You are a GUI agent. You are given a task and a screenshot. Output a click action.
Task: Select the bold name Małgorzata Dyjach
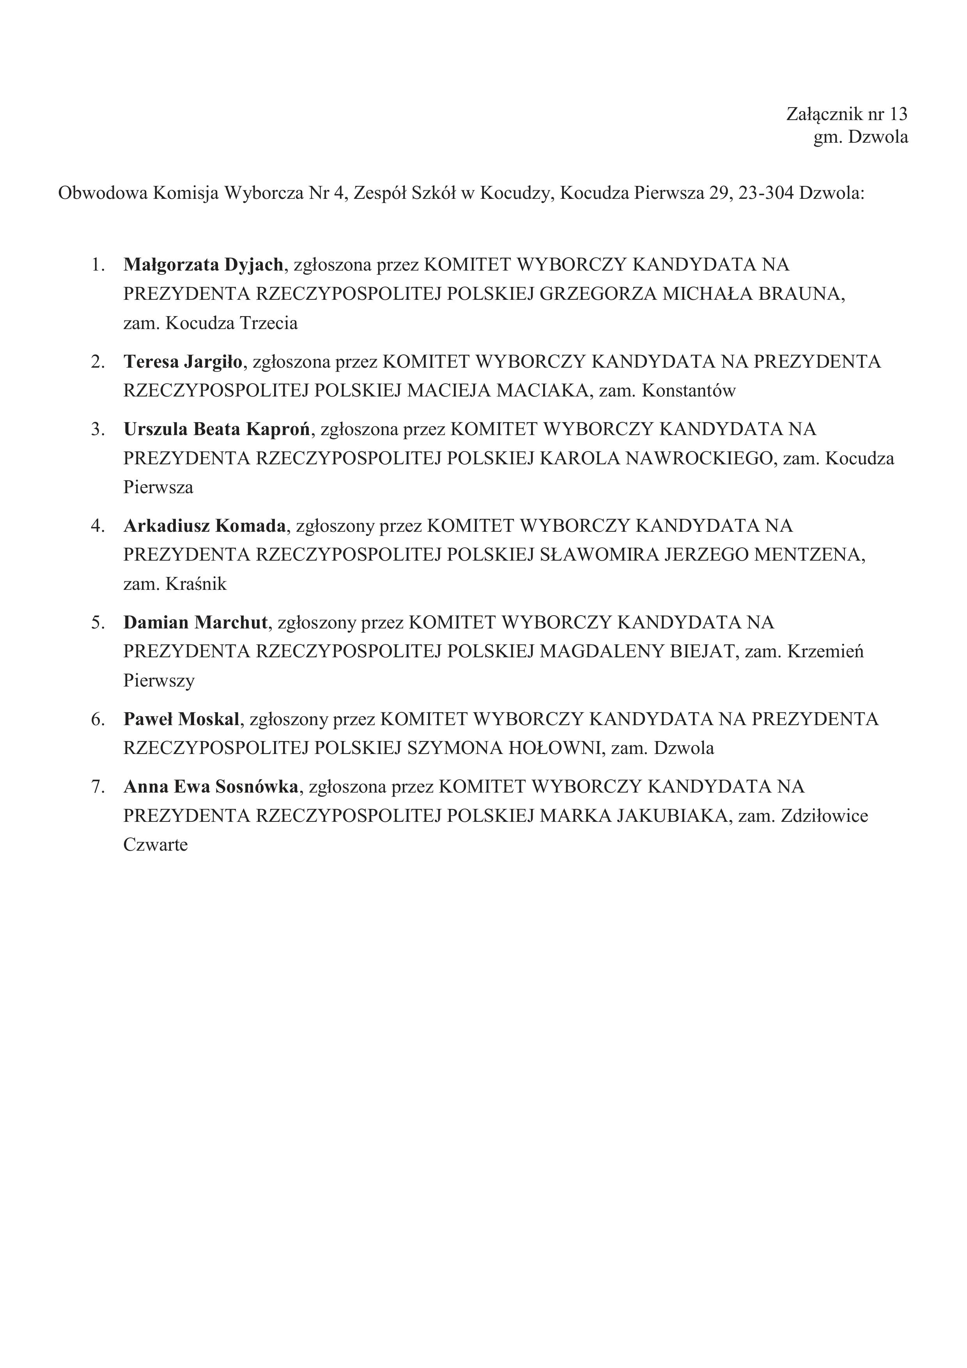pyautogui.click(x=203, y=265)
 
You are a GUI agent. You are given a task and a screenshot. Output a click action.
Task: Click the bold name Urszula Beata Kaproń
pyautogui.click(x=217, y=429)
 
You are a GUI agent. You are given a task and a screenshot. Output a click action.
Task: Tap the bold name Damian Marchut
pyautogui.click(x=195, y=623)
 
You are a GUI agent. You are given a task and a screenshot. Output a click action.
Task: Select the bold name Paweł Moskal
pyautogui.click(x=181, y=719)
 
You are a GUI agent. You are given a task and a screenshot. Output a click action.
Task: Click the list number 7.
pyautogui.click(x=97, y=786)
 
